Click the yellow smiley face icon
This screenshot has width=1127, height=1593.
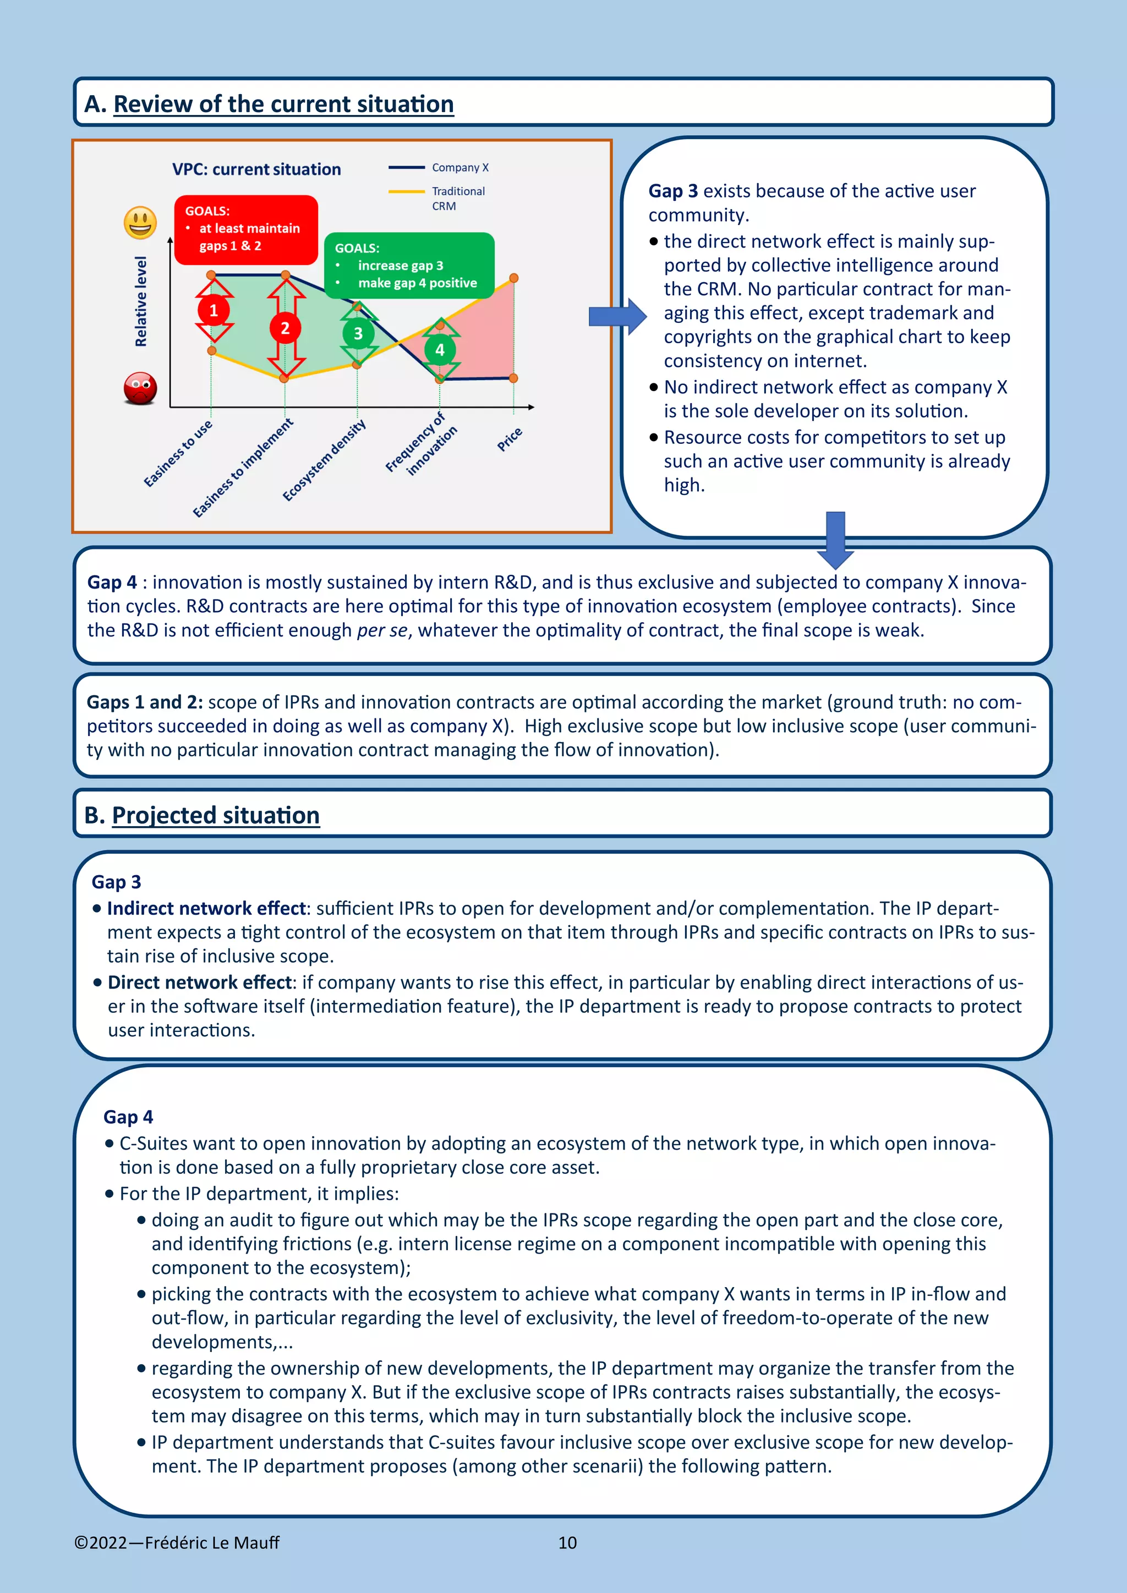point(140,223)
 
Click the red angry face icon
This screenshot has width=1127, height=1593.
point(140,388)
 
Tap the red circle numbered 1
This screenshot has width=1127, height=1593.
point(213,310)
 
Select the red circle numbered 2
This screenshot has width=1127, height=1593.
point(285,328)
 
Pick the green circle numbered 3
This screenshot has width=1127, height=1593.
point(358,334)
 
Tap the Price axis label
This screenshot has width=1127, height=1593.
point(510,439)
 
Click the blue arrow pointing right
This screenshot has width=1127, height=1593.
point(617,316)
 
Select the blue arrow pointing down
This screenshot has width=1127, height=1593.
point(835,540)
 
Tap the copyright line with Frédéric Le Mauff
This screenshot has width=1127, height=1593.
point(177,1542)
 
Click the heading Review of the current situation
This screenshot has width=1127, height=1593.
point(283,104)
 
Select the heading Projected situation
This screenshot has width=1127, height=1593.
point(215,815)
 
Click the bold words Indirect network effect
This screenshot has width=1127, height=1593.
point(206,908)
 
